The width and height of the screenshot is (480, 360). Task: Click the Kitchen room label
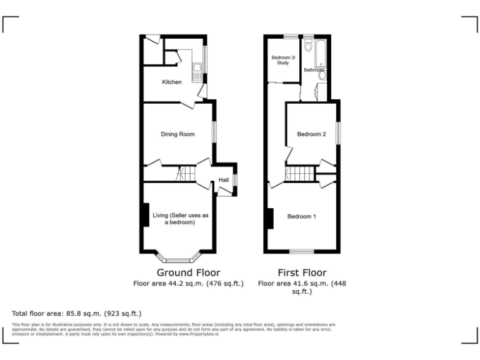(x=172, y=82)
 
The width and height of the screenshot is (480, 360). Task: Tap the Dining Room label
(x=178, y=134)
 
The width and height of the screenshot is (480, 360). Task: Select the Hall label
(x=223, y=179)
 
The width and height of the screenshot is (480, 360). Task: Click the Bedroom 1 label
(x=301, y=216)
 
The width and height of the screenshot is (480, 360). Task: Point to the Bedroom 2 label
(x=311, y=134)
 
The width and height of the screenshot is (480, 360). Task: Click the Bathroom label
(x=314, y=71)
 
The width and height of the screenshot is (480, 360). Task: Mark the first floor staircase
(x=299, y=173)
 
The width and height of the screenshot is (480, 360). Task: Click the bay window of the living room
(x=178, y=257)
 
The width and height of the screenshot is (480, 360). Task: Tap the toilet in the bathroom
(x=309, y=47)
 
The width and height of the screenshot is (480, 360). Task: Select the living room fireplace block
(x=146, y=216)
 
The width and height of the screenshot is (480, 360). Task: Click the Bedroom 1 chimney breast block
(x=270, y=218)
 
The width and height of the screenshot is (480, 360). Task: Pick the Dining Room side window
(x=214, y=132)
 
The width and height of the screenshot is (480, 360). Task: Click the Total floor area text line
(x=77, y=313)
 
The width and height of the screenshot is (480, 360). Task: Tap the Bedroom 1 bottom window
(x=302, y=251)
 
